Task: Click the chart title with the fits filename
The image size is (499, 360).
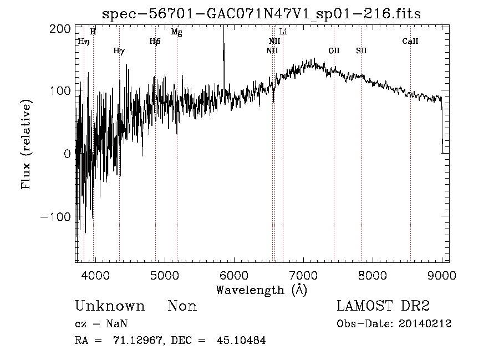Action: tap(261, 14)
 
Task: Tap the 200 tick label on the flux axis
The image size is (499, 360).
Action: tap(60, 29)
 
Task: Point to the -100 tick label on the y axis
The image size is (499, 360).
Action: tap(55, 217)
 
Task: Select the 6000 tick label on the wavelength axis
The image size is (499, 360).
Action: tap(234, 275)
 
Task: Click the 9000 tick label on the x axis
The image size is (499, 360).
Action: tap(442, 275)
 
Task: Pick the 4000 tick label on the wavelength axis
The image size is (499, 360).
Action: tap(95, 275)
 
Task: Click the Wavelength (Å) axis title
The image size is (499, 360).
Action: tap(262, 290)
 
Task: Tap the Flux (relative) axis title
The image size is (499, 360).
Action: tap(26, 144)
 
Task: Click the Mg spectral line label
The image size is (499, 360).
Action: tap(177, 32)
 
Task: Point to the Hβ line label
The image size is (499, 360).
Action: tap(155, 42)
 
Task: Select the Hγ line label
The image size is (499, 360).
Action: tap(119, 51)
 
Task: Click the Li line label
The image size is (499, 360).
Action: tap(283, 32)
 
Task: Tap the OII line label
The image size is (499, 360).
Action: tap(334, 50)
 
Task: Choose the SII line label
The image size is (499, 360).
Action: tap(361, 50)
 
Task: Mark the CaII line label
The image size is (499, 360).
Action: tap(410, 41)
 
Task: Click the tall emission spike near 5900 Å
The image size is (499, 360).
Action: tap(224, 57)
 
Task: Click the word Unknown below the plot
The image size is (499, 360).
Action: tap(110, 306)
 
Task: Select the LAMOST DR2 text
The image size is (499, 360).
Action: tap(383, 306)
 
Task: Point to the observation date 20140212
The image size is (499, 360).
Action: tap(425, 324)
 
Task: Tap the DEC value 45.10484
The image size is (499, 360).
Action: tap(241, 340)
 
